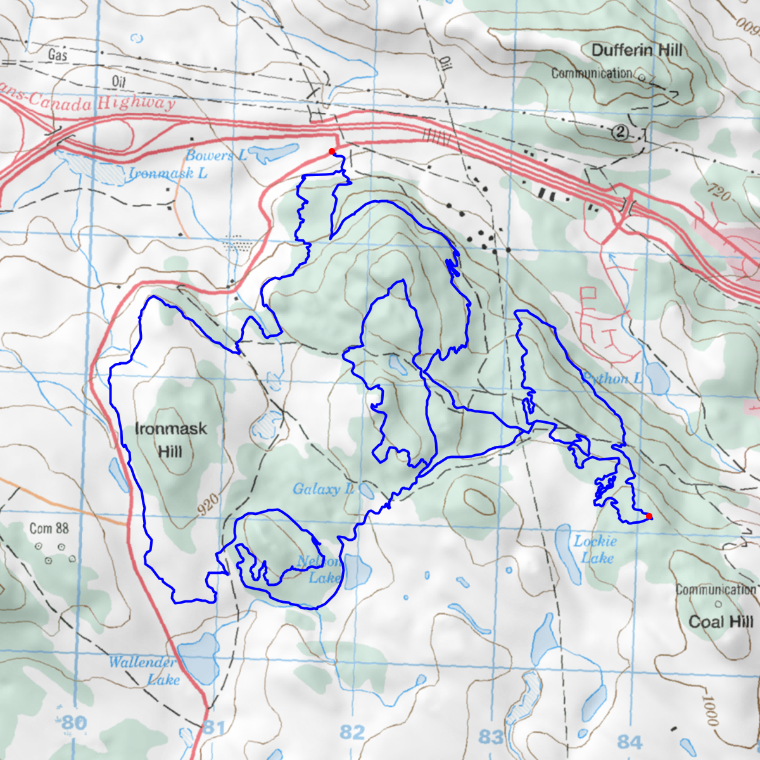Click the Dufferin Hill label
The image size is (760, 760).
(x=636, y=50)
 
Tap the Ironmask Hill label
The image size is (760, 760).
(x=170, y=440)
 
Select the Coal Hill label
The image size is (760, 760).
(x=721, y=621)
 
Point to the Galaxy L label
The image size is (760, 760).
(x=324, y=489)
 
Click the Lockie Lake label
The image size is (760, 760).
(x=596, y=549)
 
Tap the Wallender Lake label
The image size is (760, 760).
(x=144, y=671)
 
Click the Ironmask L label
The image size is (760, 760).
(x=168, y=173)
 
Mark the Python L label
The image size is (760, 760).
(x=612, y=379)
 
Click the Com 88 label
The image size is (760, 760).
(x=49, y=528)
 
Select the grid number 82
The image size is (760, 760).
(x=352, y=732)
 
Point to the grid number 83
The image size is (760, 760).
(x=491, y=737)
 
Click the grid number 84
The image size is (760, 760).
(x=630, y=741)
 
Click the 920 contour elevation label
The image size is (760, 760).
(x=208, y=505)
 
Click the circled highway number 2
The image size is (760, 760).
(x=621, y=132)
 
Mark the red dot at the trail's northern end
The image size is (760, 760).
(x=331, y=151)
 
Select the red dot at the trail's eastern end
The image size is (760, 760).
(x=649, y=516)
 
